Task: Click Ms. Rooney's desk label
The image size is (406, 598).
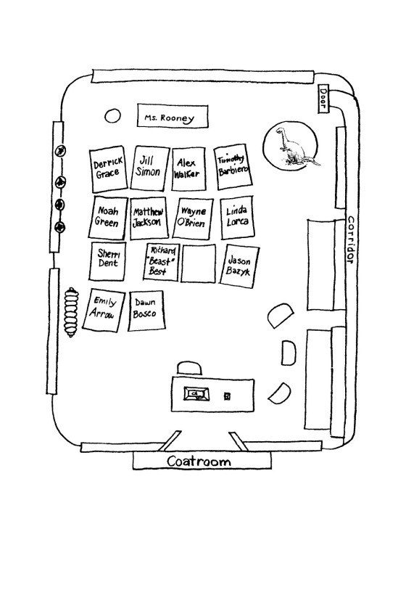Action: pos(173,115)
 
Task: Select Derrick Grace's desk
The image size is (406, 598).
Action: pos(109,168)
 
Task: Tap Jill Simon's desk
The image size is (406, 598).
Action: pos(149,167)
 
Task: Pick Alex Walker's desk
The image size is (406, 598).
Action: pos(188,168)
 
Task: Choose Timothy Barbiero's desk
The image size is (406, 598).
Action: pos(233,166)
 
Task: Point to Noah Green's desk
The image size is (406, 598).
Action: pos(108,218)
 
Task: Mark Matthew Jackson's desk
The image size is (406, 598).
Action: pos(149,218)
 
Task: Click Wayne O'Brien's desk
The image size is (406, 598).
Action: pos(193,218)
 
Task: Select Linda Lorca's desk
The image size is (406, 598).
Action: pos(237,218)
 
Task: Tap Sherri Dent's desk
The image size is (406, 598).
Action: pos(108,261)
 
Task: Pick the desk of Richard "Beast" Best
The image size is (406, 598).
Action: pos(161,262)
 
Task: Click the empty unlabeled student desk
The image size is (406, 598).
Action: pos(198,263)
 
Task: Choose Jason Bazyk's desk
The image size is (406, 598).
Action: pos(239,266)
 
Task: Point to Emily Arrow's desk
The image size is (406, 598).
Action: pos(104,310)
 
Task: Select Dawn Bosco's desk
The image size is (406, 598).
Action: pos(146,311)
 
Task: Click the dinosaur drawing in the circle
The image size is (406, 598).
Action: pos(294,147)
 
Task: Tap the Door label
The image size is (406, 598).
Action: pos(323,99)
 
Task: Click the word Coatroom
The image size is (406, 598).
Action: pos(199,462)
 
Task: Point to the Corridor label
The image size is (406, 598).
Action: pos(351,240)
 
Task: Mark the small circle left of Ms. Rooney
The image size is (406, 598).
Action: pos(112,115)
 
